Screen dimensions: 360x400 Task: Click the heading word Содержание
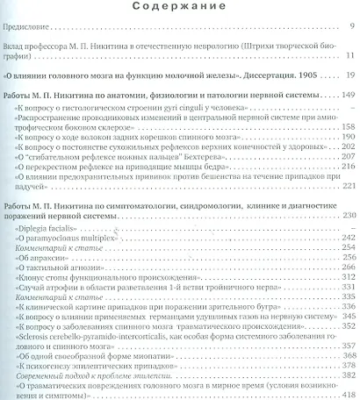180,9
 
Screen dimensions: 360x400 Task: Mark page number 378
346,368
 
